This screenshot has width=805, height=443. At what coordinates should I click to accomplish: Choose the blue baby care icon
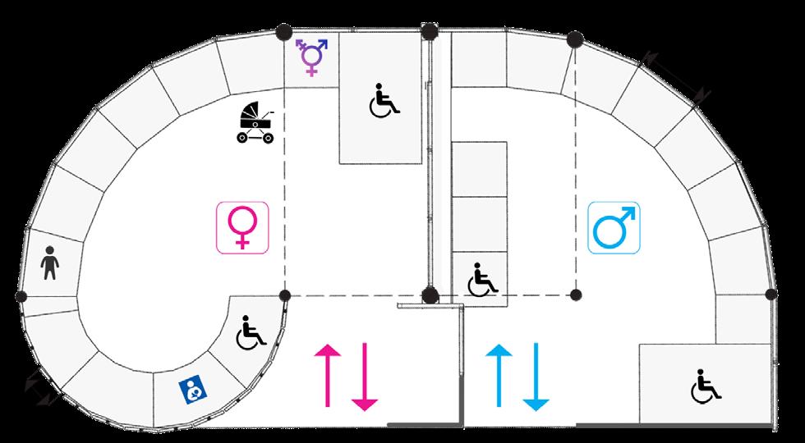click(x=192, y=389)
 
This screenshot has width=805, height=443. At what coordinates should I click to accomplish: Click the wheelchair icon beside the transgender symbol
click(x=383, y=102)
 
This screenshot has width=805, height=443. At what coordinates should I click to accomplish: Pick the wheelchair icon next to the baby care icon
click(x=252, y=331)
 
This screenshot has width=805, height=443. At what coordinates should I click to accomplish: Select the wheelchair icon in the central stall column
click(x=482, y=279)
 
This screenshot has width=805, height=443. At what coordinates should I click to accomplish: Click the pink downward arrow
click(x=364, y=377)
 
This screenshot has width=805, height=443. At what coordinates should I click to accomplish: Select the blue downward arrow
click(x=534, y=377)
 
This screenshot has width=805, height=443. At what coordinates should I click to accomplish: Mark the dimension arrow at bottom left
click(x=41, y=384)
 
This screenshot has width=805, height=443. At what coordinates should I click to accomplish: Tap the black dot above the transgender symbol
click(x=283, y=32)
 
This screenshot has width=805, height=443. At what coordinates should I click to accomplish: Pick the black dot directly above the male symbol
click(x=576, y=39)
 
